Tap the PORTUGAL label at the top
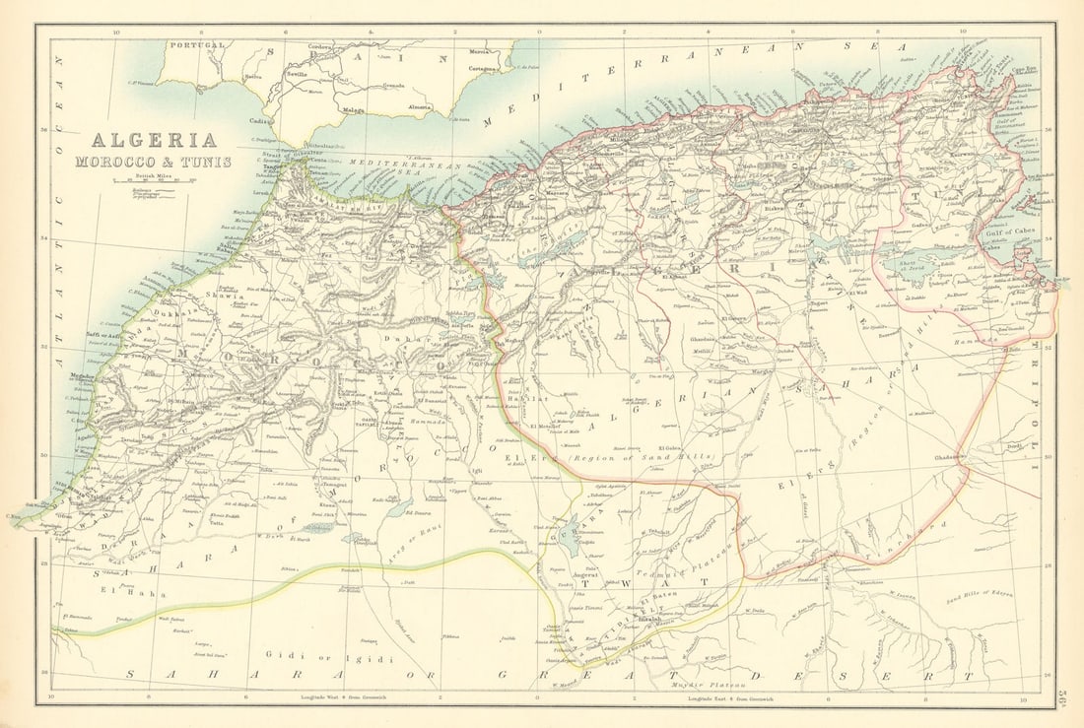[197, 45]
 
